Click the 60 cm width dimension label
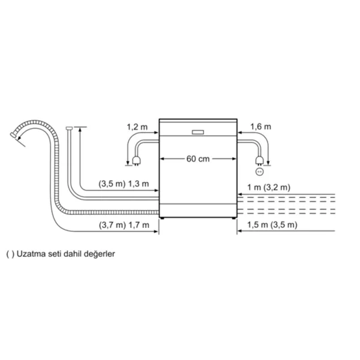pos(198,158)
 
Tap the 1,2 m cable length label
pos(137,127)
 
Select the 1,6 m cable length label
pos(260,127)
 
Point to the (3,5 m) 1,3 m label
pos(124,184)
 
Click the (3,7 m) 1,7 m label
pos(124,225)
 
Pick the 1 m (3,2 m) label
pos(269,187)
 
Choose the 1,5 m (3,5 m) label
pos(272,224)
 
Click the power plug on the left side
pos(136,160)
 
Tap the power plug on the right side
pos(259,160)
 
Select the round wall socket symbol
pos(259,172)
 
